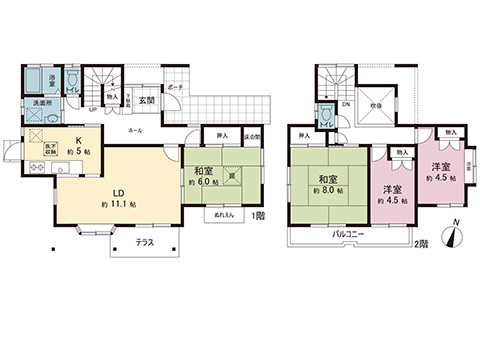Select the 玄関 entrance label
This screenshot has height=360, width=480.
(x=145, y=100)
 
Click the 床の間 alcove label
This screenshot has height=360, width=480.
(x=254, y=137)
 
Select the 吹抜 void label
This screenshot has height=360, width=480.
(x=378, y=104)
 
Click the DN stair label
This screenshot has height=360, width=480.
(x=346, y=104)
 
